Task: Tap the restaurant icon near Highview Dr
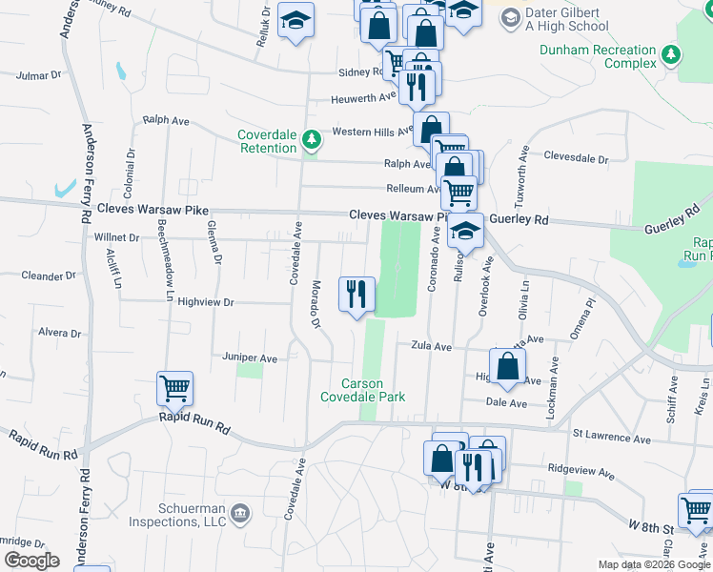point(356,295)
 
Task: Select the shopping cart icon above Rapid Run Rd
point(175,389)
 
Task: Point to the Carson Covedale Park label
point(362,390)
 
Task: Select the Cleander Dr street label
point(48,276)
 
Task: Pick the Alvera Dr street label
point(59,333)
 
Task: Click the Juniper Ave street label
point(249,357)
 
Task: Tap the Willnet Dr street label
point(116,236)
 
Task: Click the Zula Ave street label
point(431,346)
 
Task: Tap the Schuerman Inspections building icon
point(239,514)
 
